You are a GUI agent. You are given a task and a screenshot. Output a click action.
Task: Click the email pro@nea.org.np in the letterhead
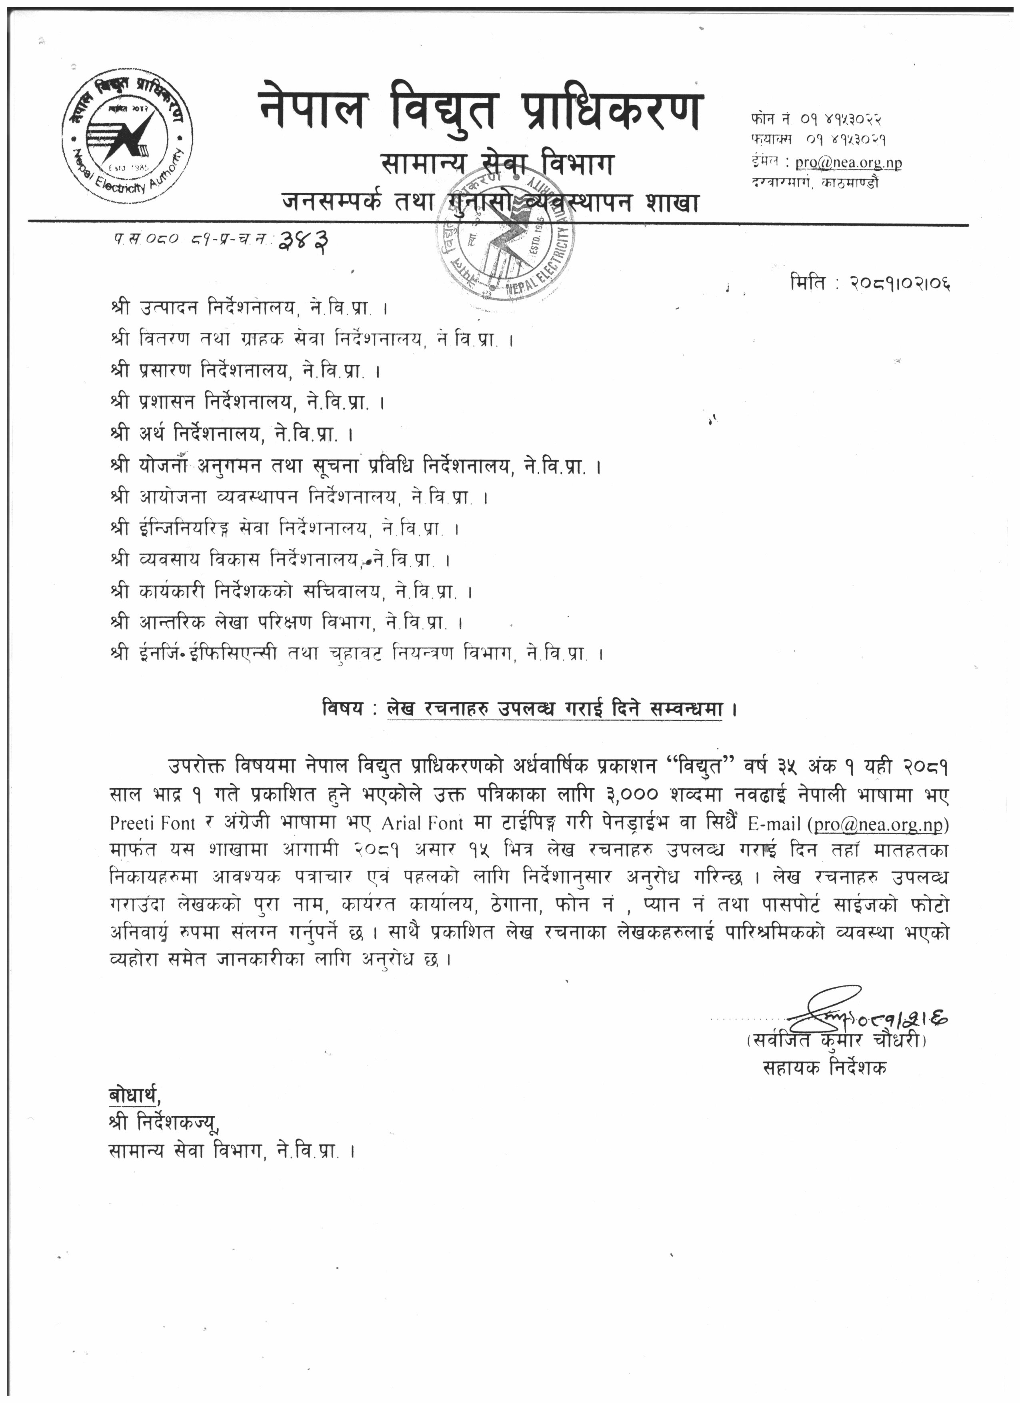(848, 163)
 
